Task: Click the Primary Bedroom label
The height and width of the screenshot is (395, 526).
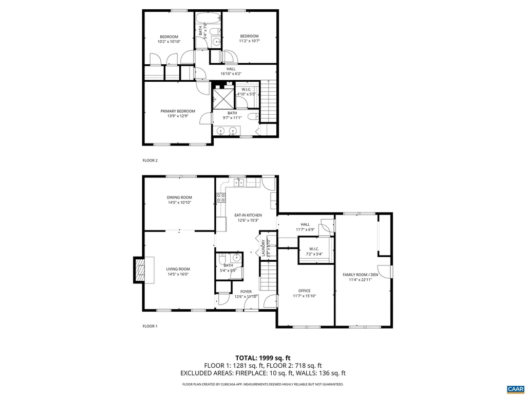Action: (178, 111)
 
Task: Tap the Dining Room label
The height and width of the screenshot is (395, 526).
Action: (179, 197)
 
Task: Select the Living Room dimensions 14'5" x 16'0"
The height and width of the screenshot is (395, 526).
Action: (178, 274)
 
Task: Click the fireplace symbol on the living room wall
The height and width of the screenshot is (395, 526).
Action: (140, 270)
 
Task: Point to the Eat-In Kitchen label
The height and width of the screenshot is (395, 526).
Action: (248, 215)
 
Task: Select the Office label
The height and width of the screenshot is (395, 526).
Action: (305, 291)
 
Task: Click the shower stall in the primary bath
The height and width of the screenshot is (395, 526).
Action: (223, 98)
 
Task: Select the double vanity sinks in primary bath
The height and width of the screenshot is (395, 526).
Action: (227, 131)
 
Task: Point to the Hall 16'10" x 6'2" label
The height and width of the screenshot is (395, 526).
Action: (231, 68)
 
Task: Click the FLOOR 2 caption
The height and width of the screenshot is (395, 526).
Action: (150, 160)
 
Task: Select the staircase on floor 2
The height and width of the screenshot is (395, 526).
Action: (269, 101)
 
